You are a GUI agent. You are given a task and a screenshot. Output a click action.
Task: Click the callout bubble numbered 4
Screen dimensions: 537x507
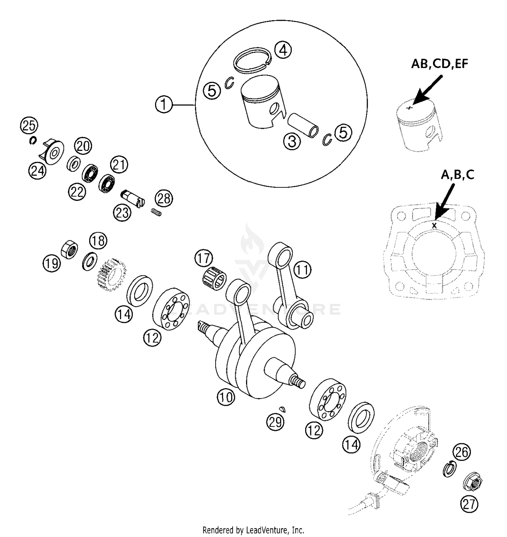[283, 50]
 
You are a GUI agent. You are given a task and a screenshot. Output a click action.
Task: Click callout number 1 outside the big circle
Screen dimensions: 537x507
[164, 104]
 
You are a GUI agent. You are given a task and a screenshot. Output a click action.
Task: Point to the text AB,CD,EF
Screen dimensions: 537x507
[439, 64]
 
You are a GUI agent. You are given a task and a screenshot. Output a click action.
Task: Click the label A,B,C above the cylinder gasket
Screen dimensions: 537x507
[457, 174]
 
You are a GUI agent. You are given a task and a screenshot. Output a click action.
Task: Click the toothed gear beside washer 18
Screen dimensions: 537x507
[109, 275]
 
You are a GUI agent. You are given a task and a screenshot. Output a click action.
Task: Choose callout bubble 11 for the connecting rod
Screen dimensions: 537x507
[302, 270]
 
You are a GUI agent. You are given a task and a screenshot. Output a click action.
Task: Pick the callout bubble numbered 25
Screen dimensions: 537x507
[29, 126]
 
